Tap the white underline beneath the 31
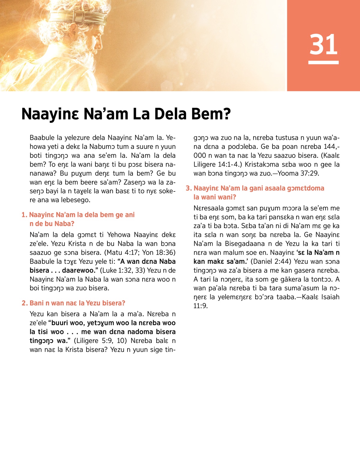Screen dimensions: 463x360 coord(323,62)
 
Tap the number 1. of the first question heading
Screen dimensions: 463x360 coord(24,215)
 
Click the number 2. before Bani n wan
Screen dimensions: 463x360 coord(25,303)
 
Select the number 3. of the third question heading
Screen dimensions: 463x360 coord(188,188)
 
